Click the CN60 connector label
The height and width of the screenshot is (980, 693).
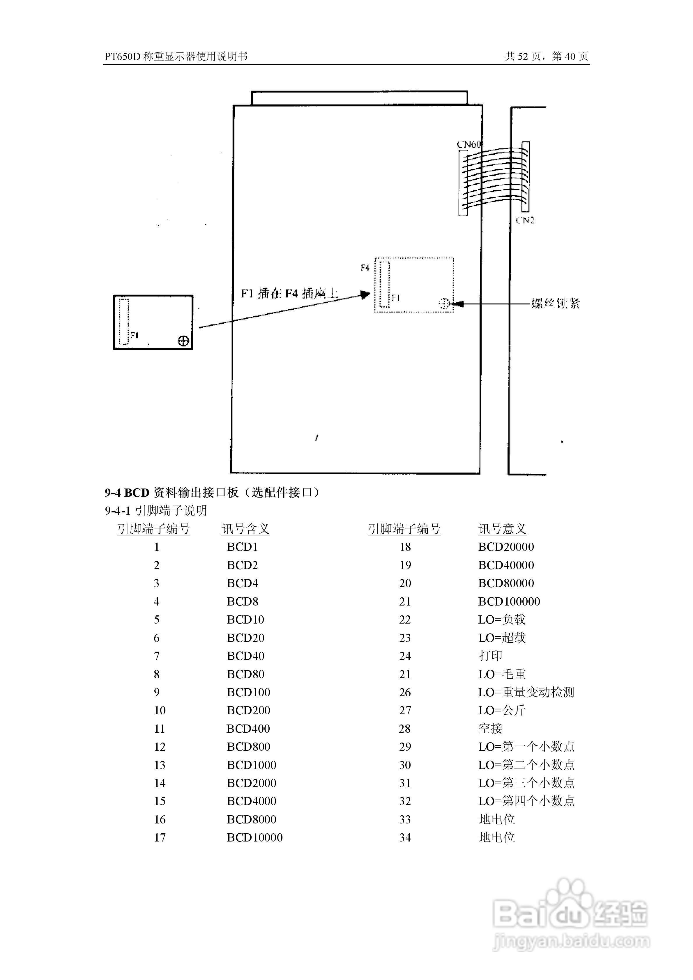point(469,144)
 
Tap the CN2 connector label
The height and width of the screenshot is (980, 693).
point(525,220)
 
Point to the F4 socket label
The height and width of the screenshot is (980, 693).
point(365,268)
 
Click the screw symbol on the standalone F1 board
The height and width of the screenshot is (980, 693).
point(183,341)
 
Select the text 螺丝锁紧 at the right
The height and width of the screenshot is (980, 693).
point(556,303)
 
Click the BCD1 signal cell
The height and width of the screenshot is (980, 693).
point(242,547)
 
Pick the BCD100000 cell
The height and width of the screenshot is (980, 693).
point(509,601)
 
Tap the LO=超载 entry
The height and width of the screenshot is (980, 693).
point(502,638)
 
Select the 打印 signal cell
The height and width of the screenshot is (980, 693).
point(490,656)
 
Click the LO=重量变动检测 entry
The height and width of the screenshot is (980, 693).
point(526,692)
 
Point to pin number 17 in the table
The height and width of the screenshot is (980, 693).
point(160,837)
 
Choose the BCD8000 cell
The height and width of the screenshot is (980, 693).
point(251,819)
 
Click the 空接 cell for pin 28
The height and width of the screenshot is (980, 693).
point(490,728)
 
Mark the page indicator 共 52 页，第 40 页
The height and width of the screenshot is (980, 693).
point(547,56)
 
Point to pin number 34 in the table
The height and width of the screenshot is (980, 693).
point(405,837)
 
